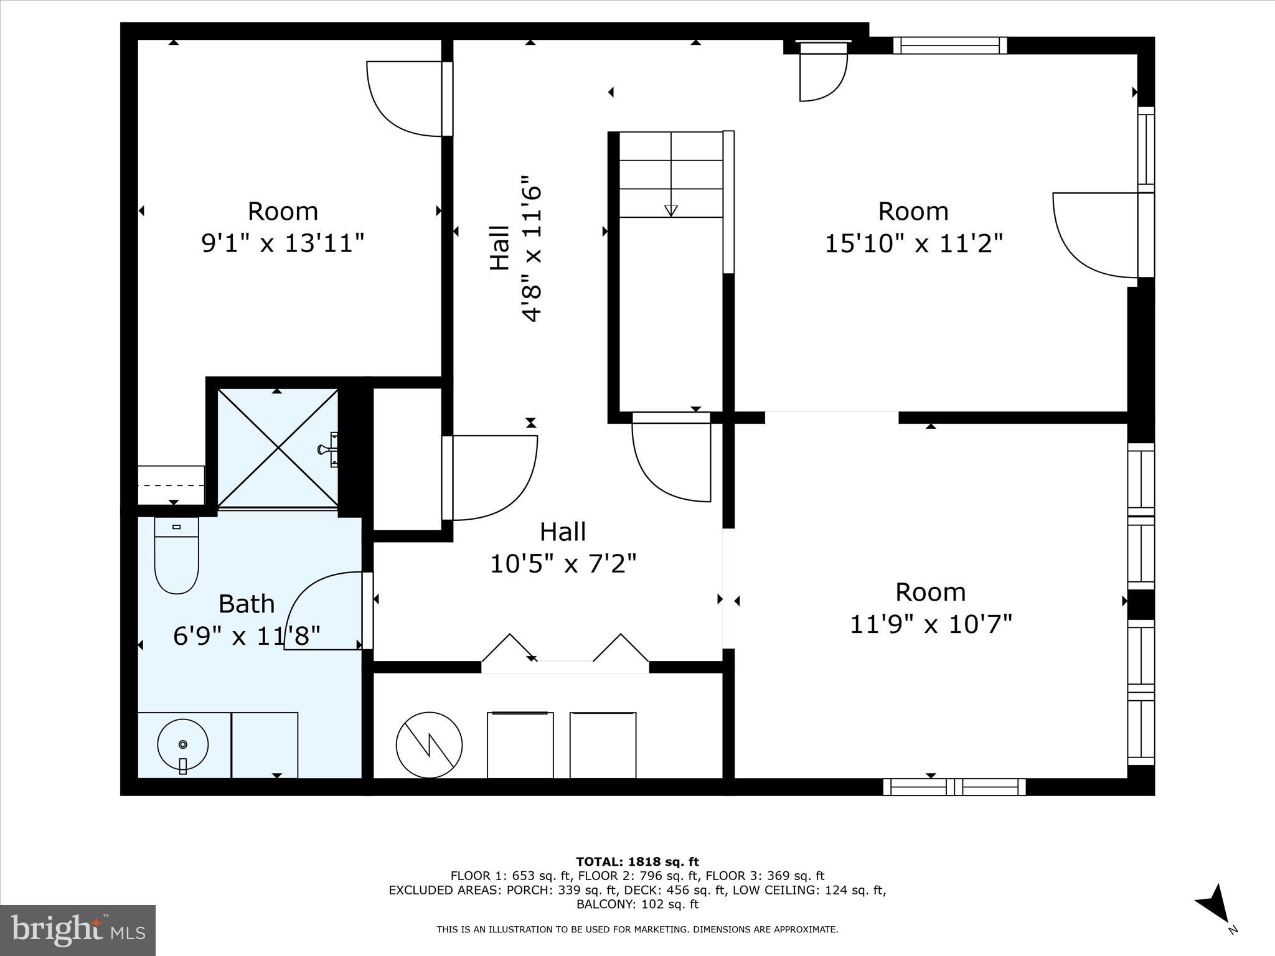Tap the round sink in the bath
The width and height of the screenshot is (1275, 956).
coord(182,745)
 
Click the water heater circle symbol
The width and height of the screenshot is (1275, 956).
coord(429,745)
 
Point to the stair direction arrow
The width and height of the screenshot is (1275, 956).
coord(670,210)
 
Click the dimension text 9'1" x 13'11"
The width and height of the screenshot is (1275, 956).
coord(282,243)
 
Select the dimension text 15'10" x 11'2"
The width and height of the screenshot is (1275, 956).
coord(913,243)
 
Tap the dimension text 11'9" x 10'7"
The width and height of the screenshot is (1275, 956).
coord(931,623)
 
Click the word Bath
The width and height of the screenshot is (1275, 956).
coord(247,604)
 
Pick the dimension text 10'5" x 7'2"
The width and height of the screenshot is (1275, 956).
coord(563,564)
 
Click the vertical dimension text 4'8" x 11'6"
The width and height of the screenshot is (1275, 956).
coord(532,247)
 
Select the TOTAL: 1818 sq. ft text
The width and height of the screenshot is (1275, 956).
coord(637,862)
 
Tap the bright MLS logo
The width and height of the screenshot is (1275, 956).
coord(78,930)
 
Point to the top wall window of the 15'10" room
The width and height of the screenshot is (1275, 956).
coord(950,45)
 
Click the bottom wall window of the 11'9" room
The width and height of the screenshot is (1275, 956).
coord(954,787)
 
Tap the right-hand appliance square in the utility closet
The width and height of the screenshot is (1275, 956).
coord(603,745)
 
